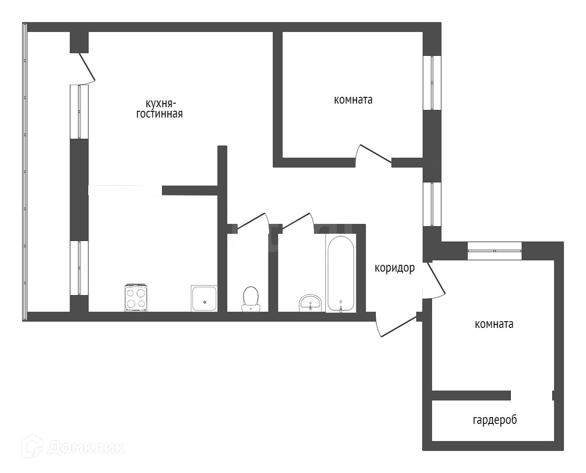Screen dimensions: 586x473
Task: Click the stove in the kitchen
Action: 136,298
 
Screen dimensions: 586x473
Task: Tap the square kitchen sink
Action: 204,298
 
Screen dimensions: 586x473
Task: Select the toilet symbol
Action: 251,299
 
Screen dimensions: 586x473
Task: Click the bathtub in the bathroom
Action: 341,273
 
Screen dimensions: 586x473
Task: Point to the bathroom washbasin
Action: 311,303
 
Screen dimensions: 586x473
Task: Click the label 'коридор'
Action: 395,268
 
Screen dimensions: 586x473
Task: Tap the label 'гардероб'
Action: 495,420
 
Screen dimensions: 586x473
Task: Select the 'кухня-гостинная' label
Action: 160,109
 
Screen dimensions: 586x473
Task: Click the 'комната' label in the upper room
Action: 353,100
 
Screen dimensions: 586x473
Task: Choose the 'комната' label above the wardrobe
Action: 494,324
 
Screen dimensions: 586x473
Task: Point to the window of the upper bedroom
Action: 432,83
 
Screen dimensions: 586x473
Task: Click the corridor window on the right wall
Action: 432,204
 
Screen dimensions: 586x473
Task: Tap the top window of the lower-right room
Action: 495,251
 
